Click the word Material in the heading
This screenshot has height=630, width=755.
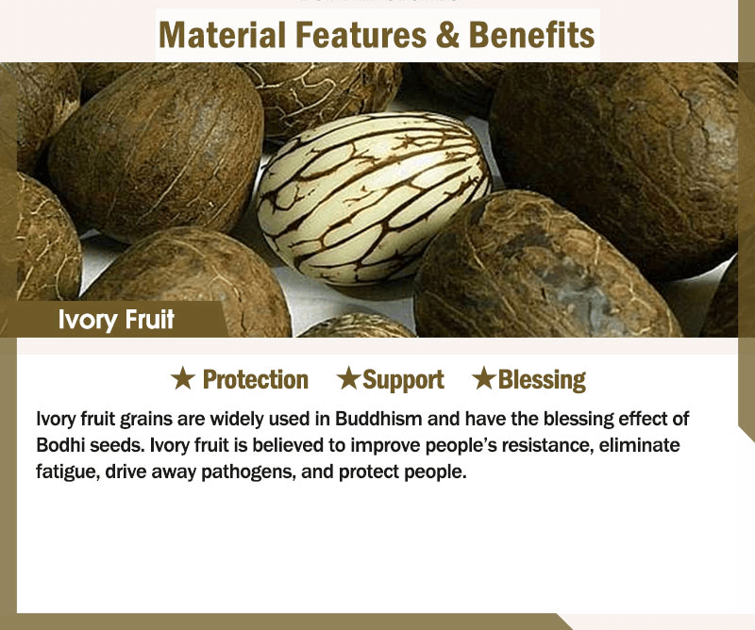pyautogui.click(x=223, y=35)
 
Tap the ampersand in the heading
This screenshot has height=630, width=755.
pyautogui.click(x=447, y=35)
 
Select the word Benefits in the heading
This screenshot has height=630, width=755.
pyautogui.click(x=531, y=35)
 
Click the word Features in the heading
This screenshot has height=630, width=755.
pyautogui.click(x=361, y=35)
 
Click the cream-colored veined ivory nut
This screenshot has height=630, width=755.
pyautogui.click(x=374, y=198)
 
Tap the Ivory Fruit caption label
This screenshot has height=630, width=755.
pyautogui.click(x=116, y=320)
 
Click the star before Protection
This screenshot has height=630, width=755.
pyautogui.click(x=183, y=378)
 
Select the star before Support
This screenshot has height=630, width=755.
pyautogui.click(x=348, y=378)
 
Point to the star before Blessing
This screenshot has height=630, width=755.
pyautogui.click(x=484, y=378)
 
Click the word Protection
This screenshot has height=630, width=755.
pyautogui.click(x=256, y=380)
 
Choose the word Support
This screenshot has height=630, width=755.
pyautogui.click(x=404, y=381)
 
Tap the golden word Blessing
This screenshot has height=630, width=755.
pyautogui.click(x=542, y=380)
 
